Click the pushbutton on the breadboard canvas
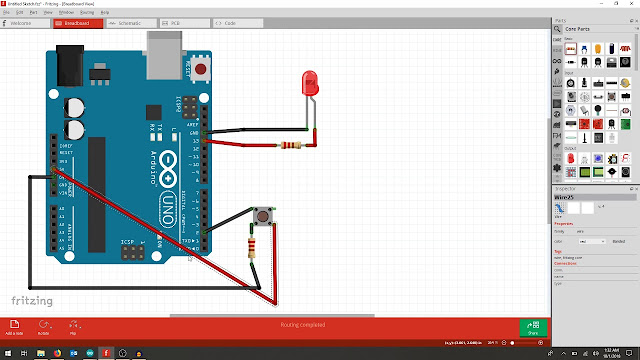263,215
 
